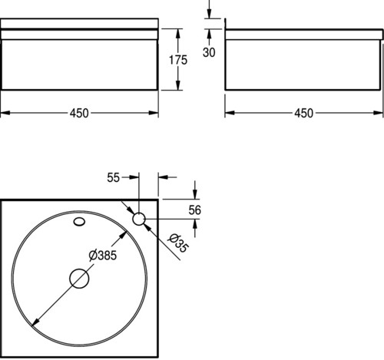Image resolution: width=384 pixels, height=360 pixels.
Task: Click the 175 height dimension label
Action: coord(178,60)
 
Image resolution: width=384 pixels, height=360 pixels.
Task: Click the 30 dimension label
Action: coord(209,52)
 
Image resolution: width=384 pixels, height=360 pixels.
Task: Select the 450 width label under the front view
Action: coord(79,113)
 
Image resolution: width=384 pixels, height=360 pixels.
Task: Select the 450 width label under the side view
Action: coord(303,113)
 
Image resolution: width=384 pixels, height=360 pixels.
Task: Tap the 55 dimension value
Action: coord(113,177)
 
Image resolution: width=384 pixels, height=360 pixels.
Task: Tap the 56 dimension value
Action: coord(195,210)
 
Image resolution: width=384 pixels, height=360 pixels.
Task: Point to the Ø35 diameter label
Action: coord(178,243)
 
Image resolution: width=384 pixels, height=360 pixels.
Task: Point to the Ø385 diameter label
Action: coord(103,256)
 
